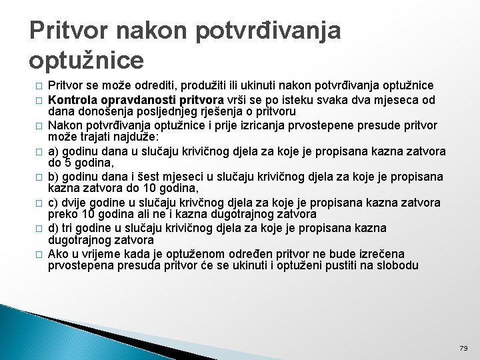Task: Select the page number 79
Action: coord(464,348)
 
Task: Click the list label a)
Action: coord(55,148)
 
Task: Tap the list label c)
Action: coord(54,203)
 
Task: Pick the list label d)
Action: coord(55,228)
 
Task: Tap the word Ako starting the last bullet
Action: coord(59,253)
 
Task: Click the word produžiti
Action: coord(177,85)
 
